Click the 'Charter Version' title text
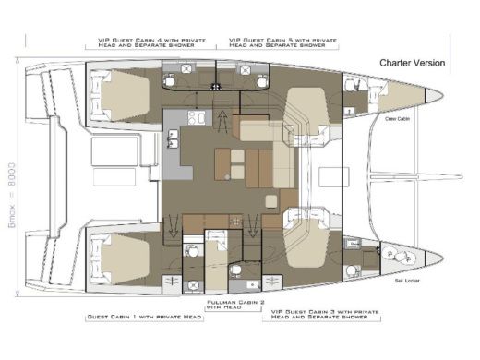[x=412, y=63]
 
